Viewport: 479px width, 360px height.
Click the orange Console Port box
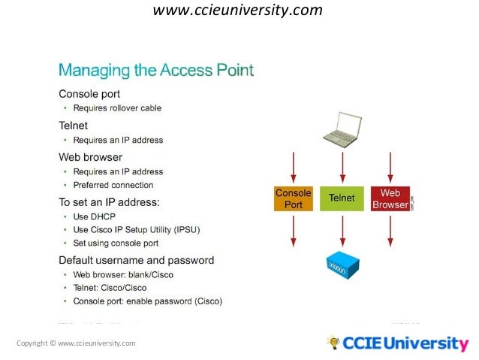293,198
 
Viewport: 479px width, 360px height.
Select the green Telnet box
342,198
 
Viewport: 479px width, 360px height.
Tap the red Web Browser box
390,198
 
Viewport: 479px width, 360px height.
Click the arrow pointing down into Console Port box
294,168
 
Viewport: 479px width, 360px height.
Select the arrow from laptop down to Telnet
342,168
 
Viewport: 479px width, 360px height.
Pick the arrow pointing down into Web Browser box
391,168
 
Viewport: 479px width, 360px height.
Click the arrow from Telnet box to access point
342,231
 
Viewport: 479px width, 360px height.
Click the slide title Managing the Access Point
156,71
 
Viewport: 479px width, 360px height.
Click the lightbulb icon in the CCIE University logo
333,343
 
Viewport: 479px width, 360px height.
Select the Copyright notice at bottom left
76,343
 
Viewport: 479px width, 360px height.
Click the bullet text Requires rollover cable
117,107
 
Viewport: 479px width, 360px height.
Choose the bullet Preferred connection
113,185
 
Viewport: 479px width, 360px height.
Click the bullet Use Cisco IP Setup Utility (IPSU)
136,229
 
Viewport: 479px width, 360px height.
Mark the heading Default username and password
136,260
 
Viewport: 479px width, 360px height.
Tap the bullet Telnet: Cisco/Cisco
110,288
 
